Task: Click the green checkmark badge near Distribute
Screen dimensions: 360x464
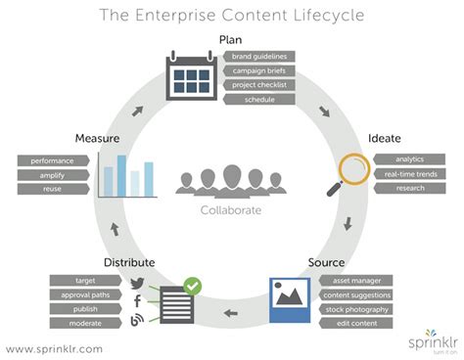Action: click(193, 286)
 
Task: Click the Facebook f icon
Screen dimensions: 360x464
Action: click(137, 301)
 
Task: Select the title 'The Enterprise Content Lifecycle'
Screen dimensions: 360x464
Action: click(232, 17)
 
